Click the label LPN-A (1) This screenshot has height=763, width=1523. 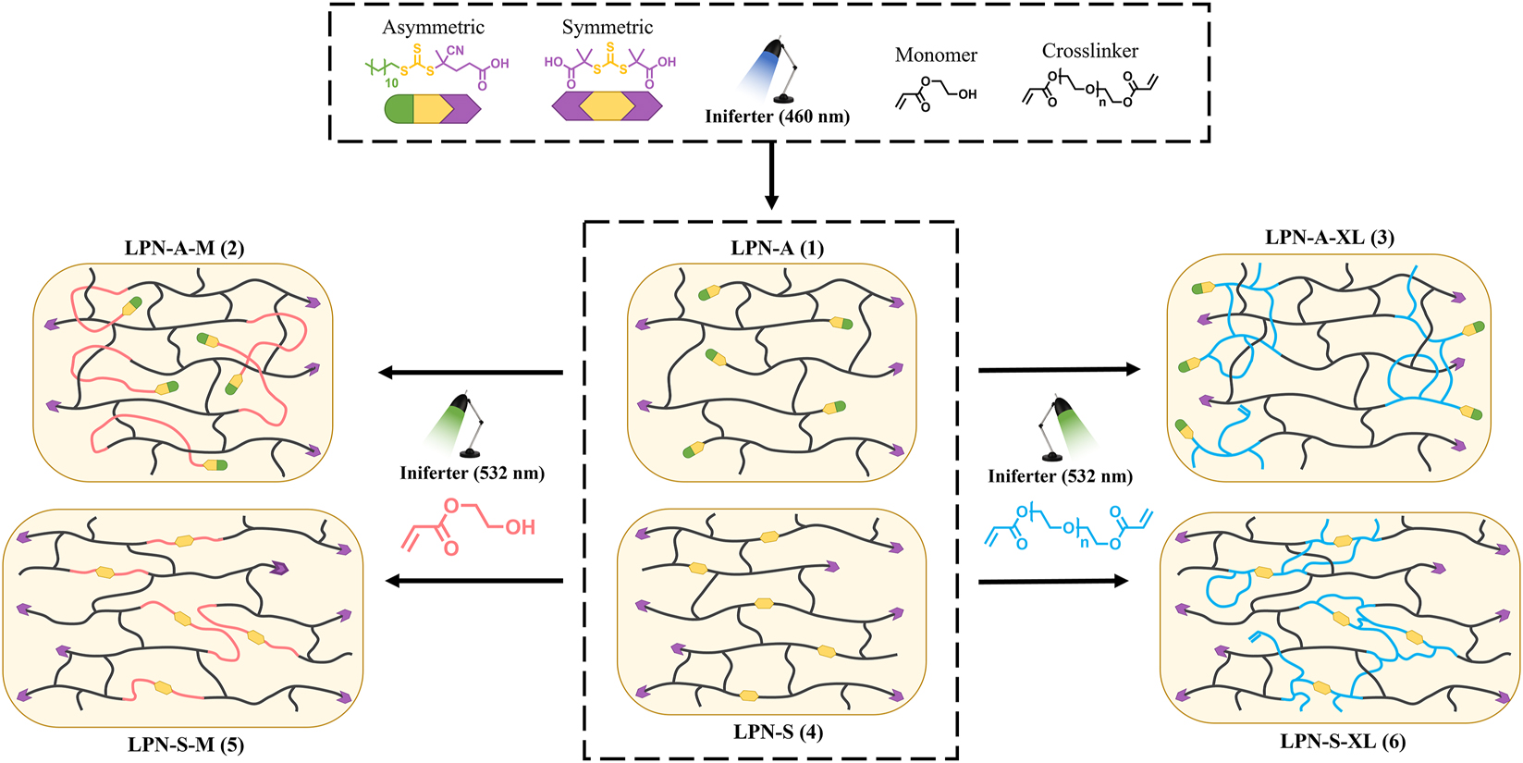click(x=777, y=248)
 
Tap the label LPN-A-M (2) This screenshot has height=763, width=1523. click(x=184, y=248)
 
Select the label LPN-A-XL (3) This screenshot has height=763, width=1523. click(x=1329, y=237)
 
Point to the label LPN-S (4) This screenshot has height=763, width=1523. click(x=778, y=732)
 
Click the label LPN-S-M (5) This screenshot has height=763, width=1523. click(x=186, y=744)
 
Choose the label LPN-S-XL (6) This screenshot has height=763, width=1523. click(x=1343, y=741)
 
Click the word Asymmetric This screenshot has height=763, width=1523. click(x=433, y=28)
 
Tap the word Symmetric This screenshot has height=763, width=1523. click(x=607, y=28)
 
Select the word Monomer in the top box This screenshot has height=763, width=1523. click(x=936, y=55)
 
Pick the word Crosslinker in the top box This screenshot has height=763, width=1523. click(x=1089, y=51)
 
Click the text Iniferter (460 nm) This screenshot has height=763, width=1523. click(x=777, y=117)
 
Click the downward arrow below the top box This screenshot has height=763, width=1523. click(x=771, y=184)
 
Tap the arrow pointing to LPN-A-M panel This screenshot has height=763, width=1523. click(x=471, y=373)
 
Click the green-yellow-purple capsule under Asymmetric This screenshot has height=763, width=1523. click(x=432, y=109)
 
